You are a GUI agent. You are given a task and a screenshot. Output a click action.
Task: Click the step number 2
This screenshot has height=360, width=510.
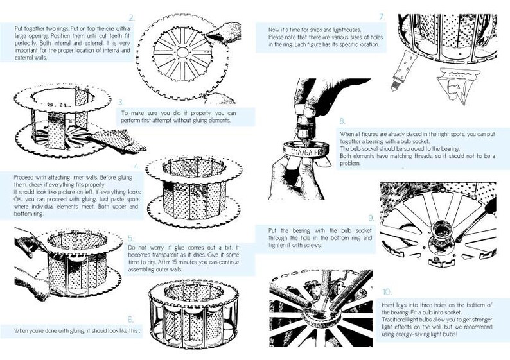coord(132,18)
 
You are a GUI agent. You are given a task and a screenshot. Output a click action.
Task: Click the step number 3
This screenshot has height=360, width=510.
coord(121,102)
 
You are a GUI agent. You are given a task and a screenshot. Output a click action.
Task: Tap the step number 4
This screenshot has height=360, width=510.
coord(137,167)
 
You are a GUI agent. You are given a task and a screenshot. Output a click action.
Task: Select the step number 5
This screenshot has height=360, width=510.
coord(131,239)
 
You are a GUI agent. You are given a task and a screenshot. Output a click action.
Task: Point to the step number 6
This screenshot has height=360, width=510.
coord(130,320)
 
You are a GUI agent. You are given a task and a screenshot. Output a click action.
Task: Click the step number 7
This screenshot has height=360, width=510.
coord(383,17)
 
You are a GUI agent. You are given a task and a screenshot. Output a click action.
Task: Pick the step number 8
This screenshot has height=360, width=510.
coord(342,121)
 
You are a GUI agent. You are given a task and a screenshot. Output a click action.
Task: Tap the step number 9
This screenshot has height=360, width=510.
coord(371,218)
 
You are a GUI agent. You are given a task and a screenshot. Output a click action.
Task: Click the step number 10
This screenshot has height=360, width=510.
coord(387,292)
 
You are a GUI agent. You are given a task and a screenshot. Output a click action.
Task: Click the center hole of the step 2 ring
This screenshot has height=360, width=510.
coord(182,52)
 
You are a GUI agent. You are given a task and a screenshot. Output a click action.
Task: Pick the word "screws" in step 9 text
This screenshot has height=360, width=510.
coord(313,245)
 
